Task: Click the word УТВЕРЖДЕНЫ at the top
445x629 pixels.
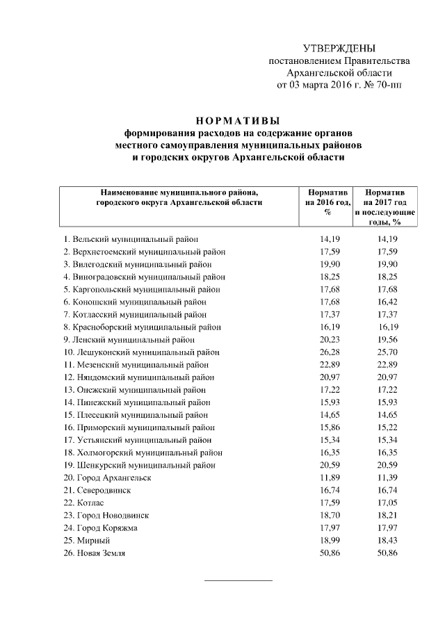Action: click(x=339, y=48)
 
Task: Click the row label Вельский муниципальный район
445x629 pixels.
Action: click(x=131, y=239)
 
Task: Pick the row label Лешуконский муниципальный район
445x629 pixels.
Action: click(x=141, y=352)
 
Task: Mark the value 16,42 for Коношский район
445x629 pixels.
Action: click(x=385, y=302)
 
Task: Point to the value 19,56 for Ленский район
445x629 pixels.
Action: click(x=385, y=340)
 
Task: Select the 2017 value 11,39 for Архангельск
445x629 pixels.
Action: click(x=385, y=478)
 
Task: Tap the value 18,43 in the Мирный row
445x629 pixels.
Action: click(x=385, y=541)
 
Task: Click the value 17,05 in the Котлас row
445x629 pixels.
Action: click(x=385, y=503)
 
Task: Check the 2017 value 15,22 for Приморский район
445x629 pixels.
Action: click(x=385, y=427)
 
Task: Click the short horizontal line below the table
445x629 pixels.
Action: click(x=238, y=580)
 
